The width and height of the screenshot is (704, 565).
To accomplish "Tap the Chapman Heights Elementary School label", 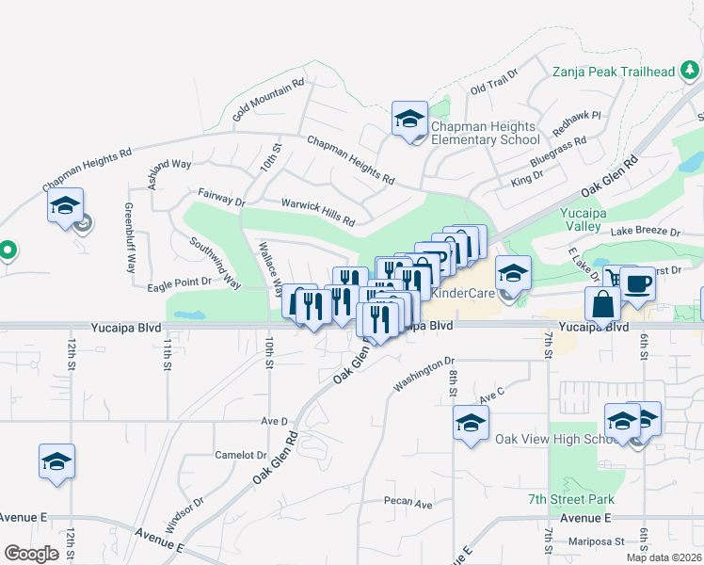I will click(485, 133).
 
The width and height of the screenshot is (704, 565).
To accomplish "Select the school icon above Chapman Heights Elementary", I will click(409, 120).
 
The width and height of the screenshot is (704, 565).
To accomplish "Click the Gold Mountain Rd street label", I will click(269, 99).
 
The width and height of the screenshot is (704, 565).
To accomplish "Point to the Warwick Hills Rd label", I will click(318, 212).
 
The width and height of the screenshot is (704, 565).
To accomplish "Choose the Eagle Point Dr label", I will click(178, 281).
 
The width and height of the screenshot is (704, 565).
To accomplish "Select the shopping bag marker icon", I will click(602, 304).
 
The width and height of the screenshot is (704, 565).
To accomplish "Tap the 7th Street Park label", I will click(570, 499).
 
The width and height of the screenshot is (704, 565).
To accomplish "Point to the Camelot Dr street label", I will click(241, 454).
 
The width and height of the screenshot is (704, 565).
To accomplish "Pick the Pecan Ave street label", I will click(408, 504).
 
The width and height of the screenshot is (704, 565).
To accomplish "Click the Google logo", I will click(32, 554).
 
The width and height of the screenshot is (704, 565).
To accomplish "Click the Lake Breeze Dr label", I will click(645, 231).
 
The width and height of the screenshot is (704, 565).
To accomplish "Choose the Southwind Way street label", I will click(216, 262).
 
